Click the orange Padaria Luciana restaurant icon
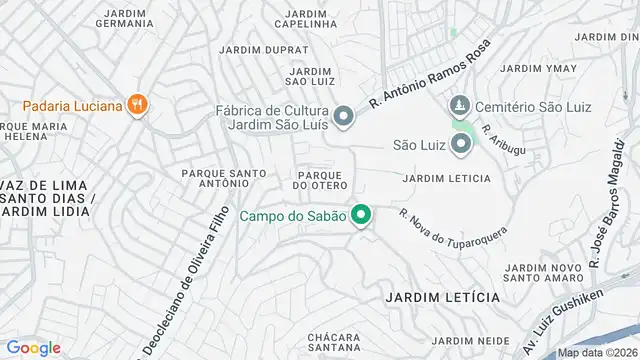138,104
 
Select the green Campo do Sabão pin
362,215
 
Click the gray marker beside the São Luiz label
461,145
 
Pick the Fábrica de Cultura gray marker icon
344,118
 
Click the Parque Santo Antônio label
223,178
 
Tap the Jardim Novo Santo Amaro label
544,273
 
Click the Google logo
34,347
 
